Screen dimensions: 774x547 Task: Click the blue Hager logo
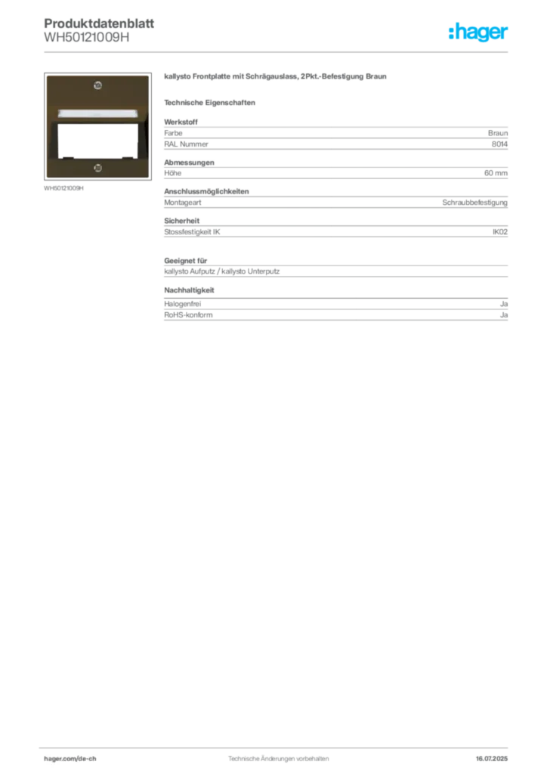(479, 33)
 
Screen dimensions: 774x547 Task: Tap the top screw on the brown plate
(97, 85)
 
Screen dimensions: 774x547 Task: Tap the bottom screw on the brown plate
(97, 166)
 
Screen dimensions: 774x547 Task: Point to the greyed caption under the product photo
(63, 190)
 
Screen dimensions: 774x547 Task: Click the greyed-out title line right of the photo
(277, 78)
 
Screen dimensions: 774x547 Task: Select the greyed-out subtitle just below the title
(212, 102)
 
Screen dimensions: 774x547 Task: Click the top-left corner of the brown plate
(46, 76)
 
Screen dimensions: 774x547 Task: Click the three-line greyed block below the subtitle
(335, 136)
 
